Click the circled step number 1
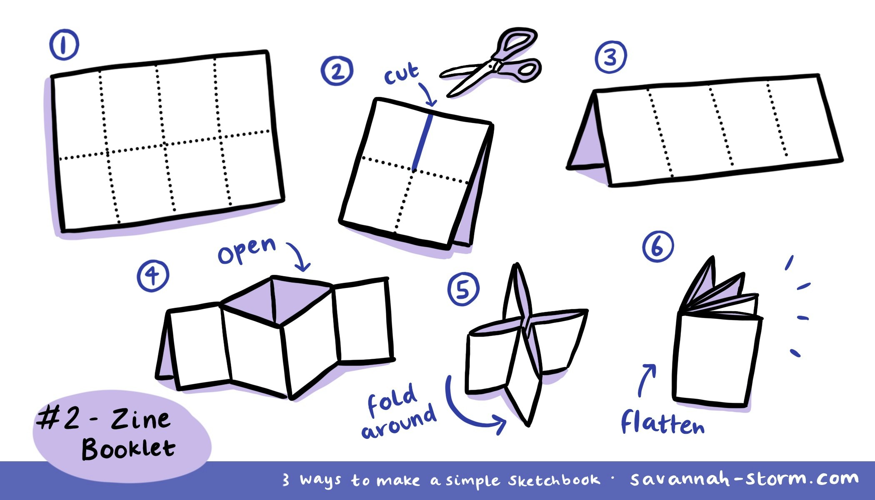tap(64, 46)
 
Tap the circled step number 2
tap(337, 72)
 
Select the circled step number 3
tap(610, 57)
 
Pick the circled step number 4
tap(153, 275)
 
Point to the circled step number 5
tap(463, 289)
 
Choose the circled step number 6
tap(657, 247)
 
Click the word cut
tap(401, 74)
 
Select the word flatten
tap(662, 423)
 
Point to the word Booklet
tap(128, 449)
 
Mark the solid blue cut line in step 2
tap(422, 142)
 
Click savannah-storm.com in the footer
tap(744, 479)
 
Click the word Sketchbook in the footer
tap(554, 480)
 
